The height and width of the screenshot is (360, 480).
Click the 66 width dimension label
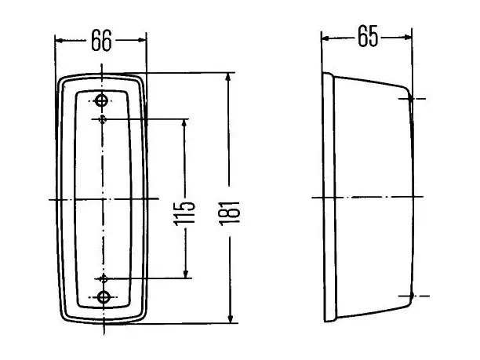coord(101,41)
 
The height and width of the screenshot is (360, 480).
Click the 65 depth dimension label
coord(368,36)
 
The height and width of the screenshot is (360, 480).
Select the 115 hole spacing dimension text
coord(184,213)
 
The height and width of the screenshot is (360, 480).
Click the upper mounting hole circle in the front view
coord(101,100)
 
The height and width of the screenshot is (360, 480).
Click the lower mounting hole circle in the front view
coord(104,297)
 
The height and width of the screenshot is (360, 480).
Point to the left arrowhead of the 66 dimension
coord(60,41)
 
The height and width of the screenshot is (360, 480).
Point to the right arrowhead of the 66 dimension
coord(142,40)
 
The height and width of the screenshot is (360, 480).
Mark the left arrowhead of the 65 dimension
coord(325,38)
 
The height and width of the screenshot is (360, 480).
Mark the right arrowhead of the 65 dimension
coord(407,37)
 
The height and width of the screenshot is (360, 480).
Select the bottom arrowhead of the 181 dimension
coord(231,318)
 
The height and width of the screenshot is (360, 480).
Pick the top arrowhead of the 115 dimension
coord(184,123)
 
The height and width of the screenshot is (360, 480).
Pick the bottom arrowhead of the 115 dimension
coord(185,274)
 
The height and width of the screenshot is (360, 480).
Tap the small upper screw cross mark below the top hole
coord(102,119)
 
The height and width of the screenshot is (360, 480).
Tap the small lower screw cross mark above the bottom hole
coord(104,278)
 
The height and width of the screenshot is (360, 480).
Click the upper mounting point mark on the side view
coord(410,99)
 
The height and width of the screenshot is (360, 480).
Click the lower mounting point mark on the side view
coord(412,296)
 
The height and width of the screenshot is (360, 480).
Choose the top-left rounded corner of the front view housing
coord(61,80)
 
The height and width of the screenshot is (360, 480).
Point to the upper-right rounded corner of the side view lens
coord(406,89)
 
